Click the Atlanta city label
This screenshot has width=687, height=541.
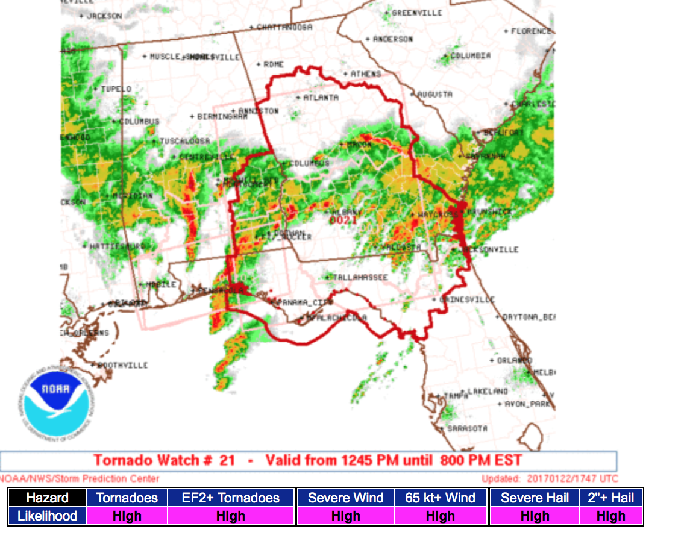[x=321, y=98]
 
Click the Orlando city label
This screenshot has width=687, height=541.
[x=515, y=360]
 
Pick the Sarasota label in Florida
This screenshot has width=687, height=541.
[x=467, y=428]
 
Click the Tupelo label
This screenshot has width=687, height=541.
[x=116, y=89]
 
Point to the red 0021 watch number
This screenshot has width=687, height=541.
[x=343, y=220]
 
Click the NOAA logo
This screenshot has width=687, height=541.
[x=55, y=402]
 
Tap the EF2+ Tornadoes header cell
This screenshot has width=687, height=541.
[x=231, y=498]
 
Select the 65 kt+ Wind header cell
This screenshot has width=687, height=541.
[x=440, y=498]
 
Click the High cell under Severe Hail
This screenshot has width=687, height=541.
[x=535, y=516]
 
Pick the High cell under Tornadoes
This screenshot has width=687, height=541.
[x=127, y=516]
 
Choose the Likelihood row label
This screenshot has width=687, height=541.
[x=47, y=516]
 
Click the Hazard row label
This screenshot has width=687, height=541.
[x=47, y=498]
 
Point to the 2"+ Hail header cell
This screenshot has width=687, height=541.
[x=610, y=498]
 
